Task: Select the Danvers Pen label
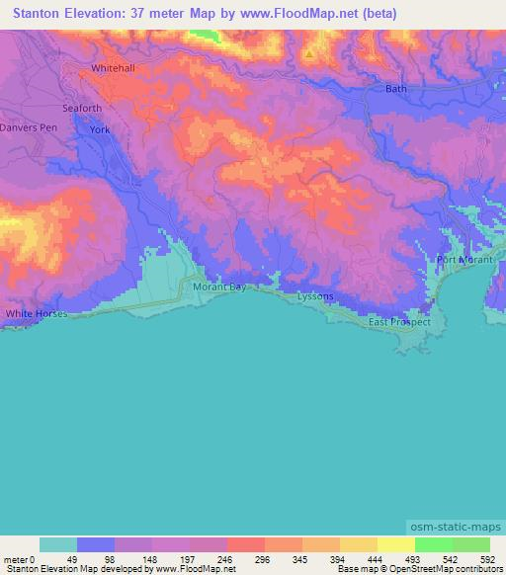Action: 30,128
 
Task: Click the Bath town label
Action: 395,89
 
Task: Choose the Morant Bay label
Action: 218,287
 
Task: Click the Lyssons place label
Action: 316,296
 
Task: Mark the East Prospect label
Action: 399,322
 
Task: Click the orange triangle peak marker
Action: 308,53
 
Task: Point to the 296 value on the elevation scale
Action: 263,558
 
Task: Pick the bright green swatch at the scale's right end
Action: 471,544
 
